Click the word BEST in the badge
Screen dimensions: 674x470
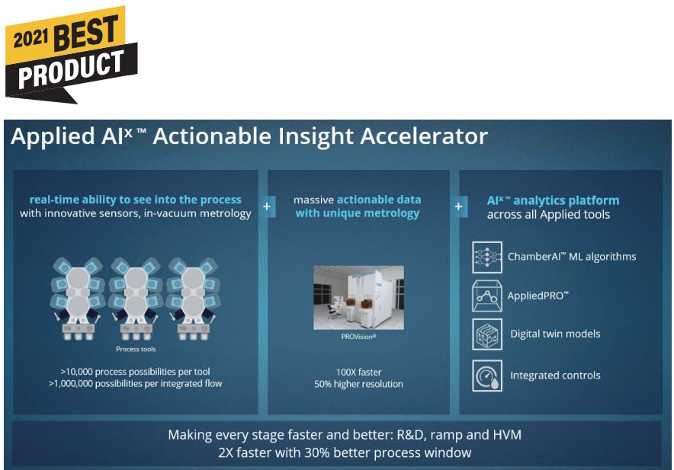point(86,31)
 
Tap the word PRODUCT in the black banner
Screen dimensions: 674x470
point(72,68)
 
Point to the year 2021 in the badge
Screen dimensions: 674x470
point(30,39)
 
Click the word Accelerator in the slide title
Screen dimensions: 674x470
point(424,136)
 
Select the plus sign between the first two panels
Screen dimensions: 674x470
point(267,206)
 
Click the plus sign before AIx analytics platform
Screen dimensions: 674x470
point(459,206)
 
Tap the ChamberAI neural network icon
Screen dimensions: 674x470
point(487,257)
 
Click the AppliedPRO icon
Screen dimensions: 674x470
point(487,296)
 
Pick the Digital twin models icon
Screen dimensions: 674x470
point(487,334)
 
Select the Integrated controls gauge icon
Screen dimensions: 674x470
point(487,376)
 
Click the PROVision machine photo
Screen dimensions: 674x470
point(358,297)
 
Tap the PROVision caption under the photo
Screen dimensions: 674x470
point(358,337)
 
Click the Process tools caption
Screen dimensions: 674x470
point(136,350)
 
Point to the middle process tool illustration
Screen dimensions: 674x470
point(136,299)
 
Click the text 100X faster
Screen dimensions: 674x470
point(358,372)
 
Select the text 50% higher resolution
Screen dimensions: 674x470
point(358,384)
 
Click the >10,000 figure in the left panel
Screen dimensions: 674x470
point(76,372)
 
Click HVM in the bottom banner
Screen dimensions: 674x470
point(507,435)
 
